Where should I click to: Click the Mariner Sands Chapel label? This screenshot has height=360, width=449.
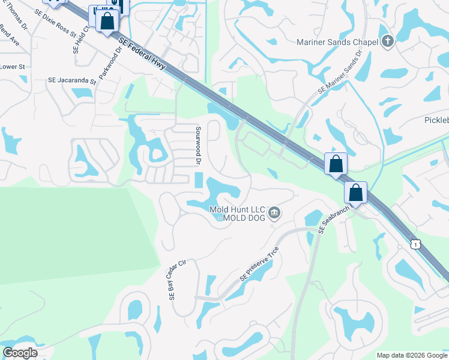tap(337, 42)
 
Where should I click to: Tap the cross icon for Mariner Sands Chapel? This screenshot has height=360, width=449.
tap(388, 42)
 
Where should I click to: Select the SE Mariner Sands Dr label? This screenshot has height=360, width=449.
tap(340, 71)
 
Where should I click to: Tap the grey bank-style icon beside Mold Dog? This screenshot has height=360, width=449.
tap(274, 212)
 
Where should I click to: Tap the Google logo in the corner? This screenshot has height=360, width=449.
tap(20, 352)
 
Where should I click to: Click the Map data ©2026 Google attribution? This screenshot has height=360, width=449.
tap(412, 355)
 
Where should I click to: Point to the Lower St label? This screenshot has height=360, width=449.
tap(12, 67)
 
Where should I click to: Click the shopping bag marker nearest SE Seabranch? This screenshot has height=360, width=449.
tap(355, 193)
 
